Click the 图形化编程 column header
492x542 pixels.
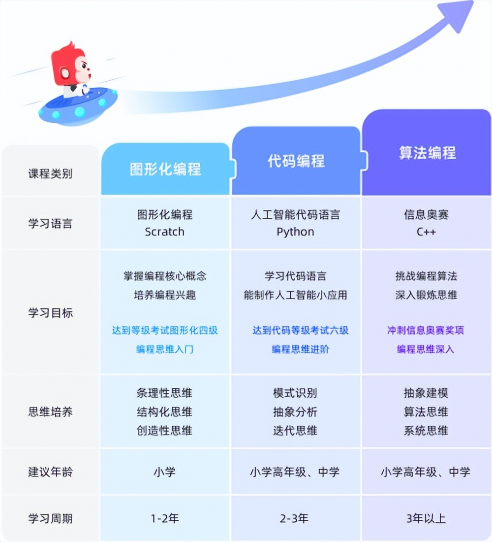(165, 169)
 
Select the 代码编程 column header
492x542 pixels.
(296, 161)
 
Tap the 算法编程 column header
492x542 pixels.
(428, 153)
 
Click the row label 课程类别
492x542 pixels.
(50, 173)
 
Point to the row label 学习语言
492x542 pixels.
(50, 223)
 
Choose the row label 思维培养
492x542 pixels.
(50, 412)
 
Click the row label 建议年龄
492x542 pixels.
(50, 472)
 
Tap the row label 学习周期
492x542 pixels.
(50, 518)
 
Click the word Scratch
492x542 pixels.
(165, 232)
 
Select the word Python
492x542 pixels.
(296, 232)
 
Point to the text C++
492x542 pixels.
(427, 232)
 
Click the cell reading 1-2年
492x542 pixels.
(165, 518)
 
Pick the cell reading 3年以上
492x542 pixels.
(426, 518)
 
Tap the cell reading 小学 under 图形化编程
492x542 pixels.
(165, 472)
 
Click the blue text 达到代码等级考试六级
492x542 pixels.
(301, 331)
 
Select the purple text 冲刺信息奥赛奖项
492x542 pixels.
(426, 331)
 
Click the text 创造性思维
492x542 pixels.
(164, 431)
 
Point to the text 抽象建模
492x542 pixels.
(426, 393)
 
